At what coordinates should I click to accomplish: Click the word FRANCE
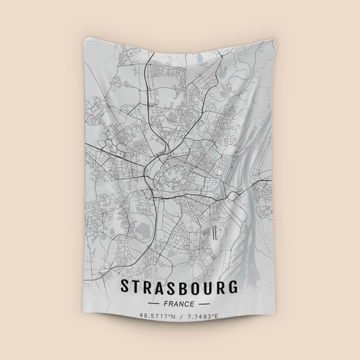click(180, 304)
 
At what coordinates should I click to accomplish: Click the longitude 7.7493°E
click(202, 316)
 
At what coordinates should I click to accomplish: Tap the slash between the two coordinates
click(180, 316)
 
